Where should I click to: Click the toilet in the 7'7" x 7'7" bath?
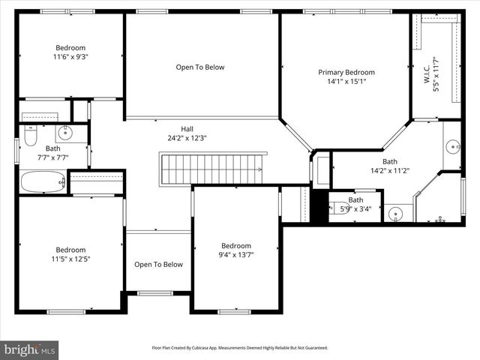point(31,135)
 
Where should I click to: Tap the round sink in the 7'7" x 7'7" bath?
point(64,133)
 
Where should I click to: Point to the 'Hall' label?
point(187,128)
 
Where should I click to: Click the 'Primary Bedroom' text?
point(346,73)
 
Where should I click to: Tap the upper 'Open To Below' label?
point(200,67)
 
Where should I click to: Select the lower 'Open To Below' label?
point(158,264)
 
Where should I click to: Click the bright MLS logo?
point(30,349)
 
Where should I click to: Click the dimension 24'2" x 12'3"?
point(187,138)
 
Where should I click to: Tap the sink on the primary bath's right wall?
point(453,145)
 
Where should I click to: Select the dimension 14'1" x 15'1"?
point(346,82)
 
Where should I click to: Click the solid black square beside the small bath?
point(319,207)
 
